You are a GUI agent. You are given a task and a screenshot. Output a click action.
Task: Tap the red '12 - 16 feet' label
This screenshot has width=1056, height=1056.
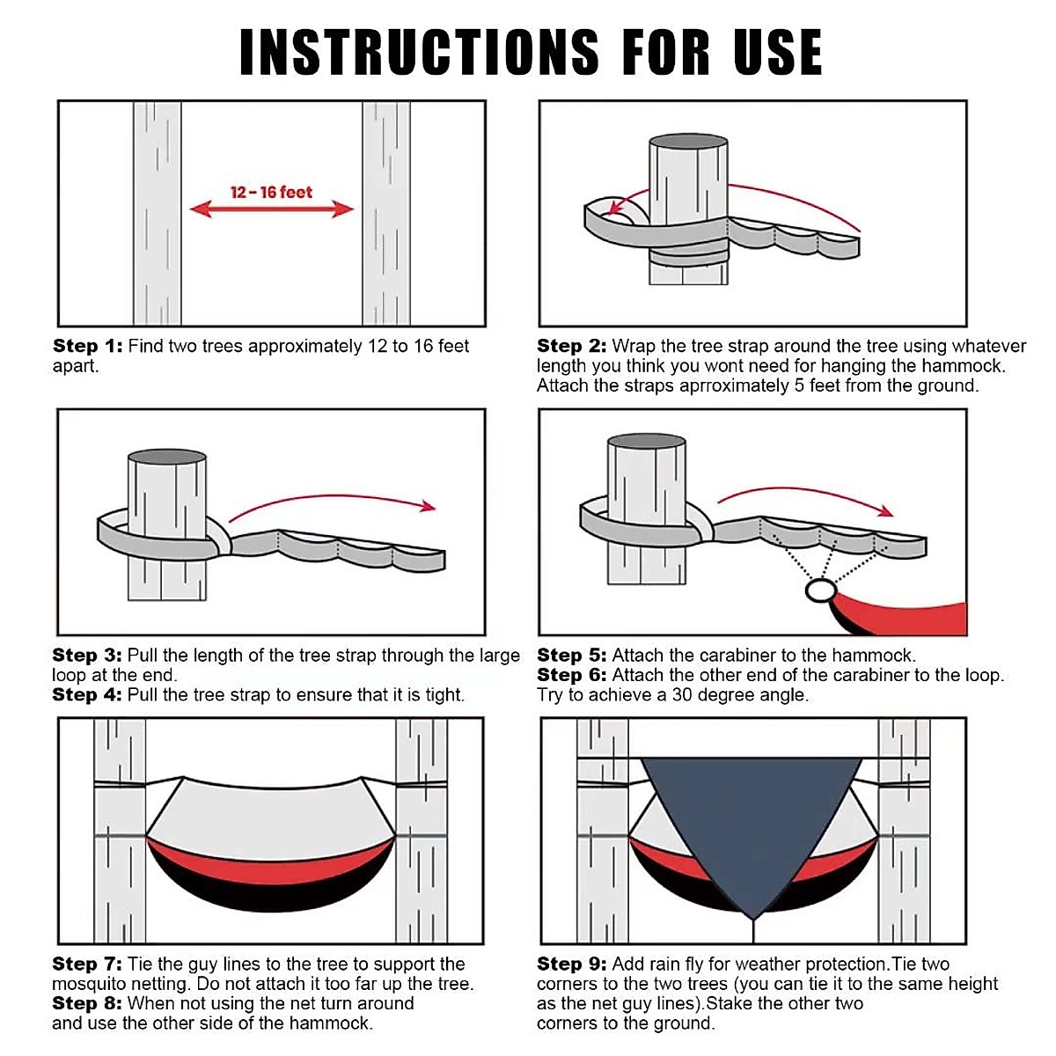pyautogui.click(x=271, y=193)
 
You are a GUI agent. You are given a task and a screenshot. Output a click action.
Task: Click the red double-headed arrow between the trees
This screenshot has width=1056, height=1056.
pyautogui.click(x=271, y=209)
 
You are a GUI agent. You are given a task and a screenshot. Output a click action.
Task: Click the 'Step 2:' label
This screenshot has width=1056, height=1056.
pyautogui.click(x=572, y=346)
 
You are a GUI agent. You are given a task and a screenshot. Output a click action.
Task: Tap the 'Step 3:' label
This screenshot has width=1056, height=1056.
pyautogui.click(x=87, y=655)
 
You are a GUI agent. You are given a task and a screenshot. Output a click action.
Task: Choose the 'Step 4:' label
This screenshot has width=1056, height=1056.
pyautogui.click(x=87, y=694)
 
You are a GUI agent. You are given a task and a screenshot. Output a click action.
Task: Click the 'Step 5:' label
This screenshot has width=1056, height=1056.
pyautogui.click(x=572, y=655)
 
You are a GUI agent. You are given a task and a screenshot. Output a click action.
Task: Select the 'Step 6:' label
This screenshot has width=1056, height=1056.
pyautogui.click(x=572, y=675)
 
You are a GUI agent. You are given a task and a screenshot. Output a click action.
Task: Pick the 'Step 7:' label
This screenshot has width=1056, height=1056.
pyautogui.click(x=87, y=964)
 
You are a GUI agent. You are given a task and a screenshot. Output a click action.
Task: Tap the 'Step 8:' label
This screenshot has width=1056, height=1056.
pyautogui.click(x=87, y=1003)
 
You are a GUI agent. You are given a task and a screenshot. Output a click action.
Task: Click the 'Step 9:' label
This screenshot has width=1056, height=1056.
pyautogui.click(x=572, y=964)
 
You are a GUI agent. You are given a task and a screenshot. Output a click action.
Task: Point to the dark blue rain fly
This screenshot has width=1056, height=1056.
pyautogui.click(x=752, y=822)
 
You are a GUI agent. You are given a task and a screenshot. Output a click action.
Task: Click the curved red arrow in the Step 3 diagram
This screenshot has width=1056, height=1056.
pyautogui.click(x=332, y=497)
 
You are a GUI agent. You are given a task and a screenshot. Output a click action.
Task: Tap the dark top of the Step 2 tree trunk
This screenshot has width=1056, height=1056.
pyautogui.click(x=688, y=141)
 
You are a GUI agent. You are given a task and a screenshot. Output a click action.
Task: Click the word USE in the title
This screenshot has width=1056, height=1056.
pyautogui.click(x=778, y=52)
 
